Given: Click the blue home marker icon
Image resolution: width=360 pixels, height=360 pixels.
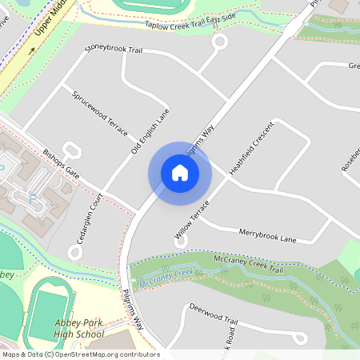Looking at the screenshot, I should tap(179, 172).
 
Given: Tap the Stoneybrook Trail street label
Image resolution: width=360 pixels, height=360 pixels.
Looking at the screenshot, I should tap(118, 48).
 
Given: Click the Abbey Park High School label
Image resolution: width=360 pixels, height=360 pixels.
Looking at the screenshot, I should tap(78, 329).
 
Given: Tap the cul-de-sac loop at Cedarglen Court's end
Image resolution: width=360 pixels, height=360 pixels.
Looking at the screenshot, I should tap(76, 252).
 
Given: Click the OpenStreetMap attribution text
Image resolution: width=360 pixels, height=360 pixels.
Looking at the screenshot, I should tap(80, 354).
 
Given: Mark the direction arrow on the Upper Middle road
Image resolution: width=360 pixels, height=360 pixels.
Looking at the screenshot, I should tap(33, 49).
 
